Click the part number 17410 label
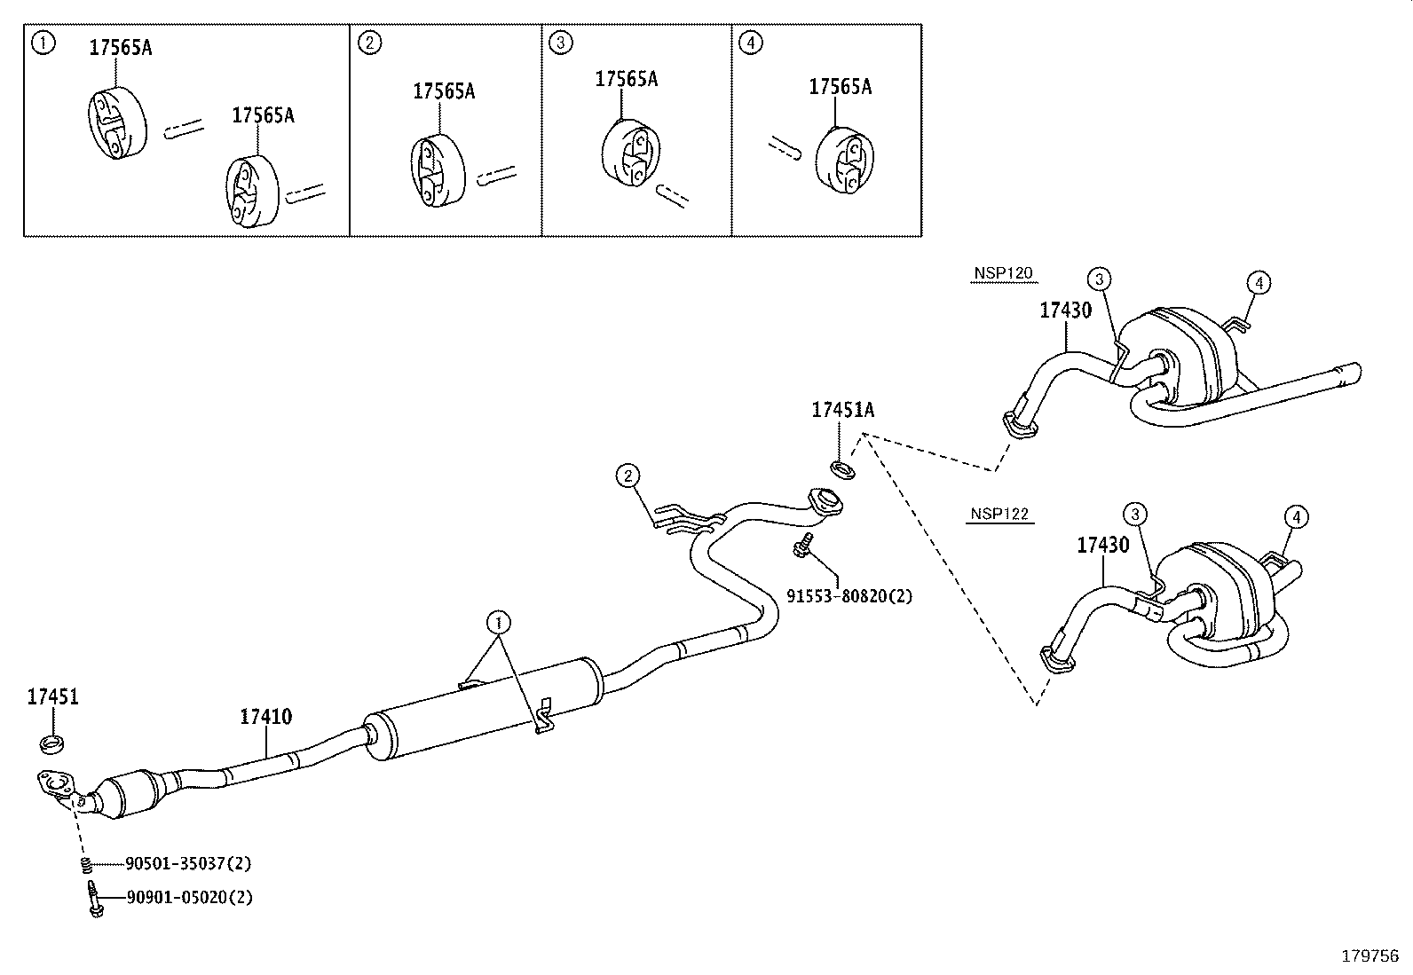[x=265, y=716]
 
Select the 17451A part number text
[x=842, y=410]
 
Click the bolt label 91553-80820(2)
[x=849, y=596]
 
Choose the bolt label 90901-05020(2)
[x=189, y=897]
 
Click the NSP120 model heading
[x=1002, y=273]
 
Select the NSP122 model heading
[x=1001, y=514]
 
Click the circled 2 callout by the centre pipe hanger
[x=628, y=476]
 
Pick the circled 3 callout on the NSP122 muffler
[x=1135, y=513]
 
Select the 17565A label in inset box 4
[x=840, y=86]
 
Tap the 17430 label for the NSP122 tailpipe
[x=1103, y=545]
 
